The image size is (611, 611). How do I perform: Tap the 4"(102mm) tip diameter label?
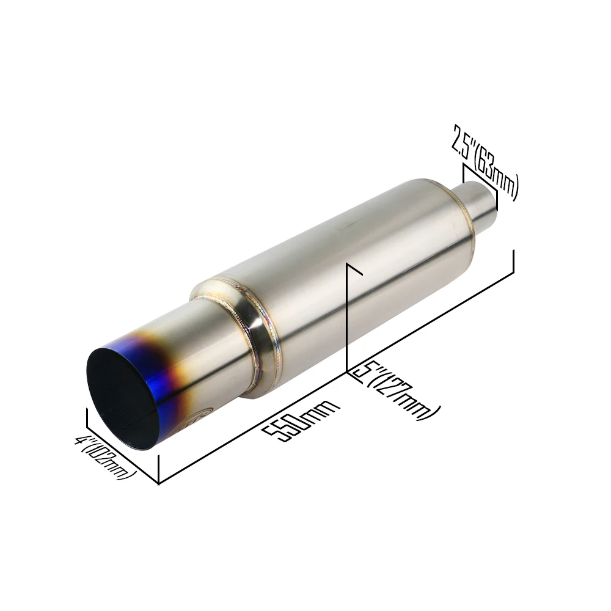pos(105,458)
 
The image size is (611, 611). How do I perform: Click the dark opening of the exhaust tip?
pos(121,398)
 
